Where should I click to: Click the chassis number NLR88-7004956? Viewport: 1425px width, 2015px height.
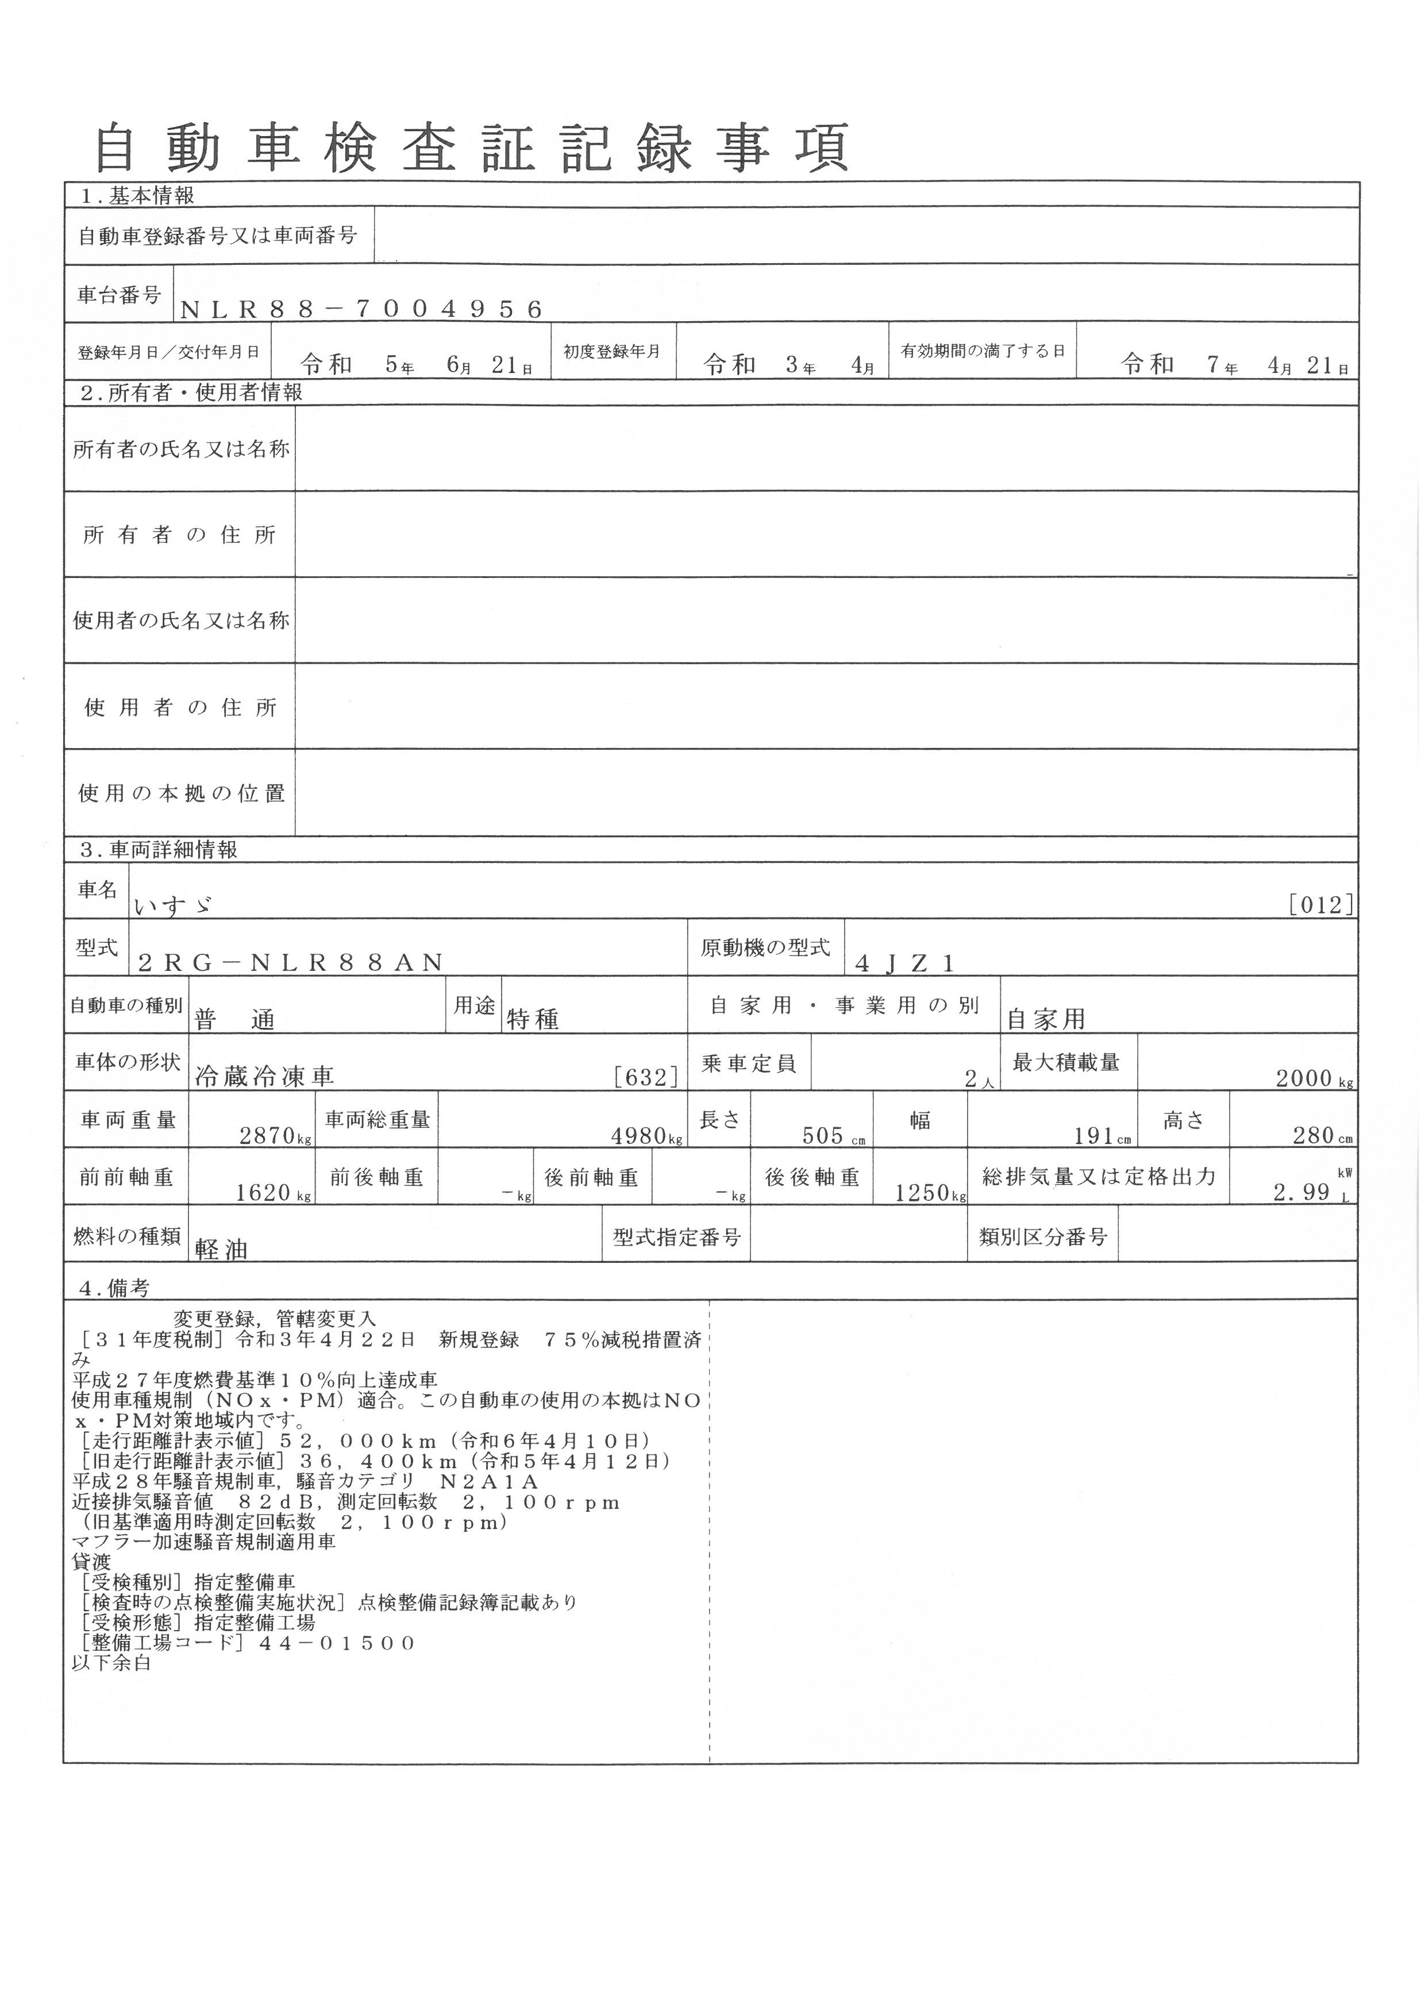361,309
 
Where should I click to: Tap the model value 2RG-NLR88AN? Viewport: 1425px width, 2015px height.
291,964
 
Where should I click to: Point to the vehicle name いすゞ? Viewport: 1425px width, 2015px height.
173,905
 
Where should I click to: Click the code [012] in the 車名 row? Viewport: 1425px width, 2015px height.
1320,905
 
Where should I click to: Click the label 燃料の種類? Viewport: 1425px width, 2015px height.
126,1236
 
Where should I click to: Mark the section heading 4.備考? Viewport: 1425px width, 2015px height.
114,1288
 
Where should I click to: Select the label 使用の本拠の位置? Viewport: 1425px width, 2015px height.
181,793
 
